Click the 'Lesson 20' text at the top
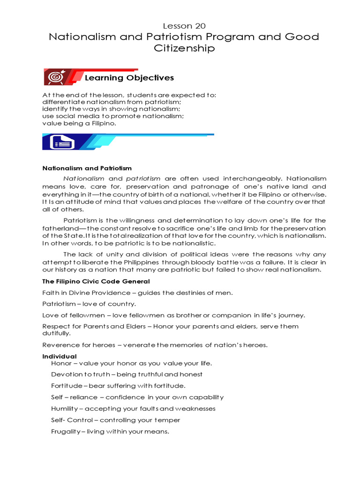point(184,26)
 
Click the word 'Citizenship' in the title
point(184,48)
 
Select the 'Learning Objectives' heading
point(129,78)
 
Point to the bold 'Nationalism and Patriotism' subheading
point(87,168)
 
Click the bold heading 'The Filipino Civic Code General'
point(96,281)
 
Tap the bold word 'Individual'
point(60,356)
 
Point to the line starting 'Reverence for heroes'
point(155,345)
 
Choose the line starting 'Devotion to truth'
point(127,374)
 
